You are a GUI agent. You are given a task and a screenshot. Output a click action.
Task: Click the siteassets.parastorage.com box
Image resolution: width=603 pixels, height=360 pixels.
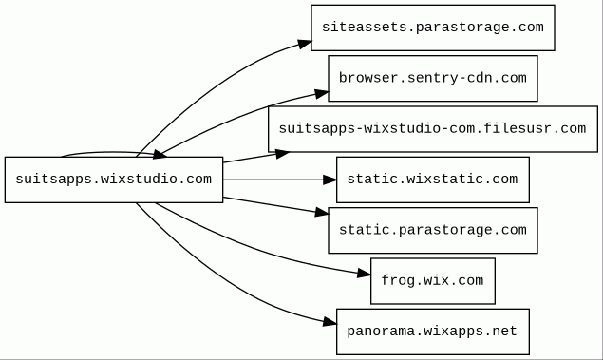[433, 28]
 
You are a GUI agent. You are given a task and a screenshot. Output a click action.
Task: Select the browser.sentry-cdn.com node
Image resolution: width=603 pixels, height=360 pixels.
[433, 79]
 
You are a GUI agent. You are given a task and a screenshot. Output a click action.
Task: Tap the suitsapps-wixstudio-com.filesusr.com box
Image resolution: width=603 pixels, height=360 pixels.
[433, 129]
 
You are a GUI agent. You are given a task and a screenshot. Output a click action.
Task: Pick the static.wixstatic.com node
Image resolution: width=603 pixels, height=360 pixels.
[433, 180]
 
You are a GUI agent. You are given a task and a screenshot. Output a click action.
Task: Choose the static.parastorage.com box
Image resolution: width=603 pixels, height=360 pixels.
[433, 231]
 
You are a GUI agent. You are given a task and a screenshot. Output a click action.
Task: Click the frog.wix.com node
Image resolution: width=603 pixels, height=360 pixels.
[433, 281]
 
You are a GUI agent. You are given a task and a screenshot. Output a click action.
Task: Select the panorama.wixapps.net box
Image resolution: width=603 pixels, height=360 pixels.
[433, 332]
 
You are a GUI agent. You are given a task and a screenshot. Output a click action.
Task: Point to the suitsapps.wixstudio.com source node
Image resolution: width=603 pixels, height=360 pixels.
[114, 180]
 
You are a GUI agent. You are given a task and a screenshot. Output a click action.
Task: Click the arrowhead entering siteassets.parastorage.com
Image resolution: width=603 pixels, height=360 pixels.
[305, 45]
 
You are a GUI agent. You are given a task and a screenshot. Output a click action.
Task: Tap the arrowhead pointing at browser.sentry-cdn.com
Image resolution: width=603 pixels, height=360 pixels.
[322, 93]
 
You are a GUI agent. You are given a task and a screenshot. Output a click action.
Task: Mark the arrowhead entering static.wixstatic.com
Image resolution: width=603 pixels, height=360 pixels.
[330, 180]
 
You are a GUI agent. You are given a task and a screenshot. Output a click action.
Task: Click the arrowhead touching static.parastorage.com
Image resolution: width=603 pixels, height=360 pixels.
[322, 212]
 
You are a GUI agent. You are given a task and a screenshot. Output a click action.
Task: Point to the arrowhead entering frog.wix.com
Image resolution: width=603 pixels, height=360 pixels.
[364, 274]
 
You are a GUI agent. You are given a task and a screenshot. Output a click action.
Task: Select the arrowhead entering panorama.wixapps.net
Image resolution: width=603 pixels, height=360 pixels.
[330, 322]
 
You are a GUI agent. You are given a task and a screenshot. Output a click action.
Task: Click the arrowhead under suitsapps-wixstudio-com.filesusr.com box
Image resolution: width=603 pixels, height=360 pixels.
[282, 154]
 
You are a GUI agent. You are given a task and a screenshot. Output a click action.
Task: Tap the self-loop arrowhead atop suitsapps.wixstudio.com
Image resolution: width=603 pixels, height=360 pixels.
[160, 155]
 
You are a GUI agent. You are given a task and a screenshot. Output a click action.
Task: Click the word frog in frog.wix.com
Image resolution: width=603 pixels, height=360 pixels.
[398, 281]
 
